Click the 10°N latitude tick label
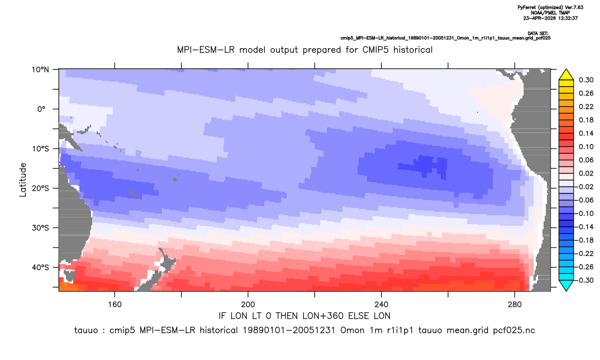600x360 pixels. pos(40,70)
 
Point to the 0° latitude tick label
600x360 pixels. pos(42,109)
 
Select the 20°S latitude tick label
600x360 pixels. pos(40,188)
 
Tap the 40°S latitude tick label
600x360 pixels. pos(40,267)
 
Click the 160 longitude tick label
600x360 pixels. pos(115,305)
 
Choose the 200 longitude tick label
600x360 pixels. pos(248,305)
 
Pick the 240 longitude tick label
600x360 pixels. pos(381,305)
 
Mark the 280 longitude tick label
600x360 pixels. pos(515,305)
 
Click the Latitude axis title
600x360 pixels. pos(23,179)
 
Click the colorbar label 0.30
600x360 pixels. pos(586,80)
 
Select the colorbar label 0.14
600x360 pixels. pos(586,133)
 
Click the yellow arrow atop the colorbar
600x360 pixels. pos(566,75)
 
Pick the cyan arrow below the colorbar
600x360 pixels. pos(566,285)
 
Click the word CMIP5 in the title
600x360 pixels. pos(377,50)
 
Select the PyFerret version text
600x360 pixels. pos(550,8)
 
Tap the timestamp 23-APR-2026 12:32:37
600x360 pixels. pos(550,18)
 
